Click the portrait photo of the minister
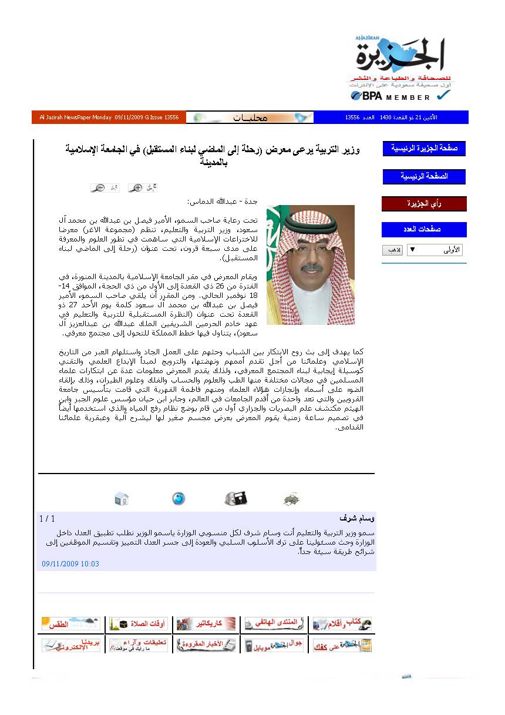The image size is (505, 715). click(310, 264)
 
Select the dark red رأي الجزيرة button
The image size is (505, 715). click(424, 204)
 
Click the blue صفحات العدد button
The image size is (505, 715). click(424, 229)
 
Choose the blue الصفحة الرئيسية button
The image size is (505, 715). click(424, 176)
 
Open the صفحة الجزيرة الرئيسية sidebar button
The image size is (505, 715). click(424, 149)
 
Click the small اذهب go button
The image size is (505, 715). click(392, 250)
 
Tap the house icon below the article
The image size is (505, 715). click(122, 499)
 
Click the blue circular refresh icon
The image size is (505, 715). click(179, 499)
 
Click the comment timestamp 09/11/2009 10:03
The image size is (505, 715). click(70, 564)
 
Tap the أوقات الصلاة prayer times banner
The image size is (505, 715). click(139, 624)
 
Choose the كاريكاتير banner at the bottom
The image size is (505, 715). click(207, 624)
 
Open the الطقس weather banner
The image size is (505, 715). click(70, 624)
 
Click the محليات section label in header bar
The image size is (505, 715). click(250, 118)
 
